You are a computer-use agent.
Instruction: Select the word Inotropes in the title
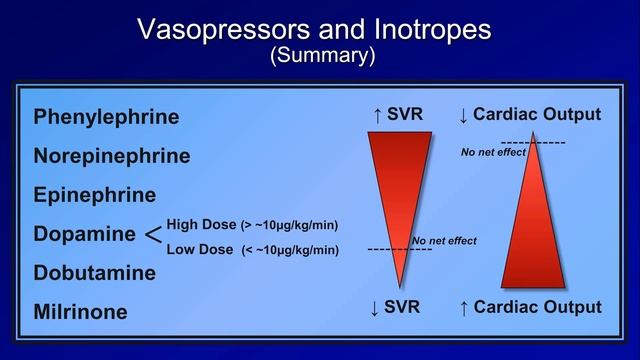427,30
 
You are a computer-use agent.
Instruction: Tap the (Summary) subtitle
322,56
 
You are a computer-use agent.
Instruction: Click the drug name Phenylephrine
106,117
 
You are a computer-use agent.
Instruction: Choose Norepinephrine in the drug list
111,156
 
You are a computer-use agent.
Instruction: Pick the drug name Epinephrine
94,195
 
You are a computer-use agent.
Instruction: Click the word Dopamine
84,234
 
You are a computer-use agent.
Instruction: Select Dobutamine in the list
94,273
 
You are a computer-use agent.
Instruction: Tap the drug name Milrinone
80,312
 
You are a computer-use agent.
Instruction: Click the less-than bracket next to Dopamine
152,235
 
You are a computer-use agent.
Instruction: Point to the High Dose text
201,224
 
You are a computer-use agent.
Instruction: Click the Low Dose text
200,249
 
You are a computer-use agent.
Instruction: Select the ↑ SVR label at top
398,115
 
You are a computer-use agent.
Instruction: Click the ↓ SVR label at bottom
398,307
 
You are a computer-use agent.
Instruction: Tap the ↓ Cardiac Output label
529,115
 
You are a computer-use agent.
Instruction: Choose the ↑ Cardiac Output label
529,307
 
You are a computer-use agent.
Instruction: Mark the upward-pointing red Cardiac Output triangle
533,230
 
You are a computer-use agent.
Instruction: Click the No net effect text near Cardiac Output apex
493,153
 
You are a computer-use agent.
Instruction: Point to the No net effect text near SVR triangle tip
444,241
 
